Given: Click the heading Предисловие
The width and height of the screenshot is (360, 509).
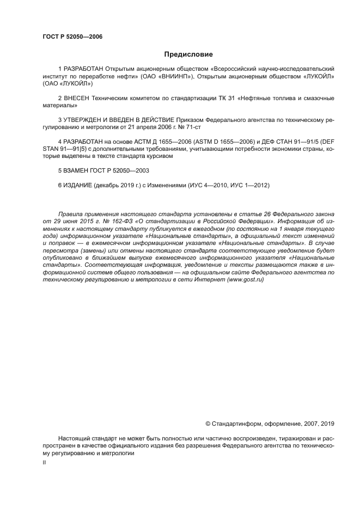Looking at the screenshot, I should click(188, 54).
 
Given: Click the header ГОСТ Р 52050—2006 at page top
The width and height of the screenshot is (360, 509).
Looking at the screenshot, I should click(72, 36).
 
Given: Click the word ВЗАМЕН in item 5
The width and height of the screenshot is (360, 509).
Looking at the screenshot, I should click(77, 170).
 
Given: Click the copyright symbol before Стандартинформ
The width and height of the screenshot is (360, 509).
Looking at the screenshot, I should click(208, 423).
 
